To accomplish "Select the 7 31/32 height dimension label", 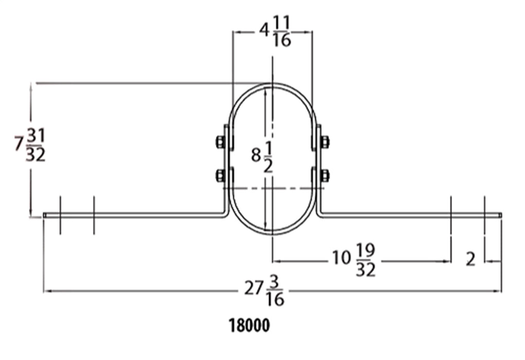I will click(x=30, y=146).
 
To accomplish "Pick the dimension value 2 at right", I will click(x=470, y=260).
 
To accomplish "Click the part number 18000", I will click(x=249, y=326).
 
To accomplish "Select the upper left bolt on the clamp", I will click(x=219, y=142).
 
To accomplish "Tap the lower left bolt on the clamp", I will click(x=219, y=176).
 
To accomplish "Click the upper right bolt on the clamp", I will click(x=325, y=142).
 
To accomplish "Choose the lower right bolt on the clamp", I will click(x=325, y=176).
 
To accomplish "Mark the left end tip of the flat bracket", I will click(x=45, y=215).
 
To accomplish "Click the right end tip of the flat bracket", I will click(x=501, y=215).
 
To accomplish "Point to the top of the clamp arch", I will click(x=272, y=83).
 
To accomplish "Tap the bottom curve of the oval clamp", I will click(x=272, y=233).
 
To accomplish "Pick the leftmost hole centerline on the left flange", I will click(x=60, y=215).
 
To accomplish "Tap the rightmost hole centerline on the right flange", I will click(x=484, y=215).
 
